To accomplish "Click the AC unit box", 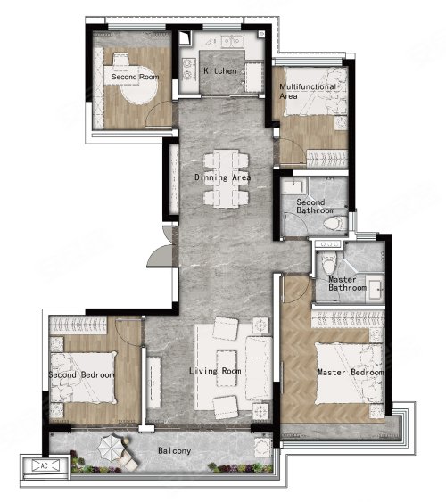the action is coord(45,465).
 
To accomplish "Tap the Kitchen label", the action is coord(220,70).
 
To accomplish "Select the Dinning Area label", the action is coord(222,177).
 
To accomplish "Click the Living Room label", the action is coord(215,371).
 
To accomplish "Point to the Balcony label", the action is coord(175,451).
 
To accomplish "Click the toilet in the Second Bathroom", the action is coord(335,223).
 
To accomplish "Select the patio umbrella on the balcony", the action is coord(111,448).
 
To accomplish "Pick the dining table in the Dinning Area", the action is coord(226,178).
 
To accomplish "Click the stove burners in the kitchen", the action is coord(187,70).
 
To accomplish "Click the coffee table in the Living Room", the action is coord(227,368).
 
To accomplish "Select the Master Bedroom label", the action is coord(351,373).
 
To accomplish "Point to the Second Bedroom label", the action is coord(81,374).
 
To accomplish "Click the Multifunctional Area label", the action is coord(308,91).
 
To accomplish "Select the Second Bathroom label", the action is coord(316,206).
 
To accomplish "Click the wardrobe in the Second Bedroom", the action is coord(78,325).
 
